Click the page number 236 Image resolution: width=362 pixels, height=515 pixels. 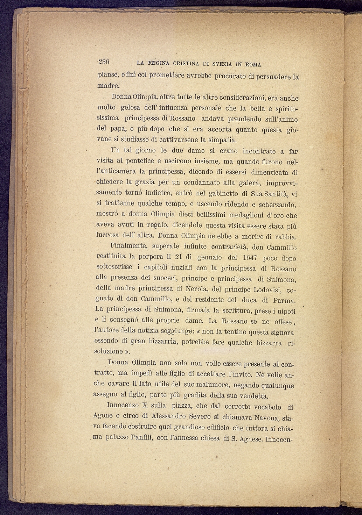click(104, 62)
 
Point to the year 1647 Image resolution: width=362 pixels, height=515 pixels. click(250, 258)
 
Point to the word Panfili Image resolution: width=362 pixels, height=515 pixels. click(139, 437)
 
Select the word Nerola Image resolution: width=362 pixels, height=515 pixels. click(197, 289)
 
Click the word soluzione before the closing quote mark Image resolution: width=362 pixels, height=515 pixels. click(109, 351)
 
